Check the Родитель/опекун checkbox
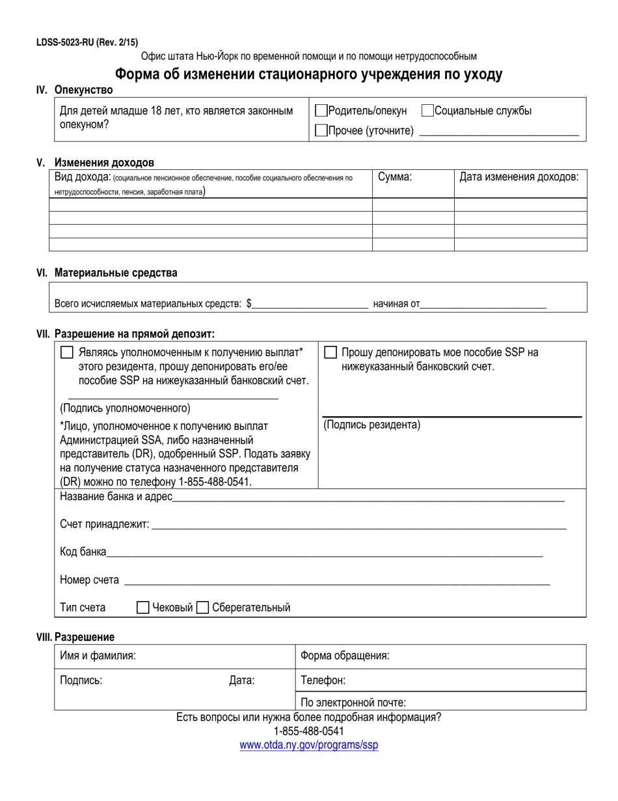coord(321,111)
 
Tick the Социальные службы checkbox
coord(427,111)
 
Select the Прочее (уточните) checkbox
coord(321,130)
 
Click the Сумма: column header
coord(395,176)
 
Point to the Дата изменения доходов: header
coord(518,176)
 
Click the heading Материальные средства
coord(115,273)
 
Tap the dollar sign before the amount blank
coord(249,303)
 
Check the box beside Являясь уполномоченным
coord(66,352)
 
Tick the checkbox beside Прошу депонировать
coord(330,352)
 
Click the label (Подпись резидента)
coord(371,425)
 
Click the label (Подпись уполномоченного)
coord(125,408)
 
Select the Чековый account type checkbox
coord(143,608)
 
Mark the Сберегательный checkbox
coord(202,608)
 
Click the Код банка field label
coord(83,552)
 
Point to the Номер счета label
coord(89,580)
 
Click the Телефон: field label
coord(323,681)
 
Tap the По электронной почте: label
coord(353,702)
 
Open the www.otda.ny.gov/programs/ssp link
coord(308,745)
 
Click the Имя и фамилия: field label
coord(98,656)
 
